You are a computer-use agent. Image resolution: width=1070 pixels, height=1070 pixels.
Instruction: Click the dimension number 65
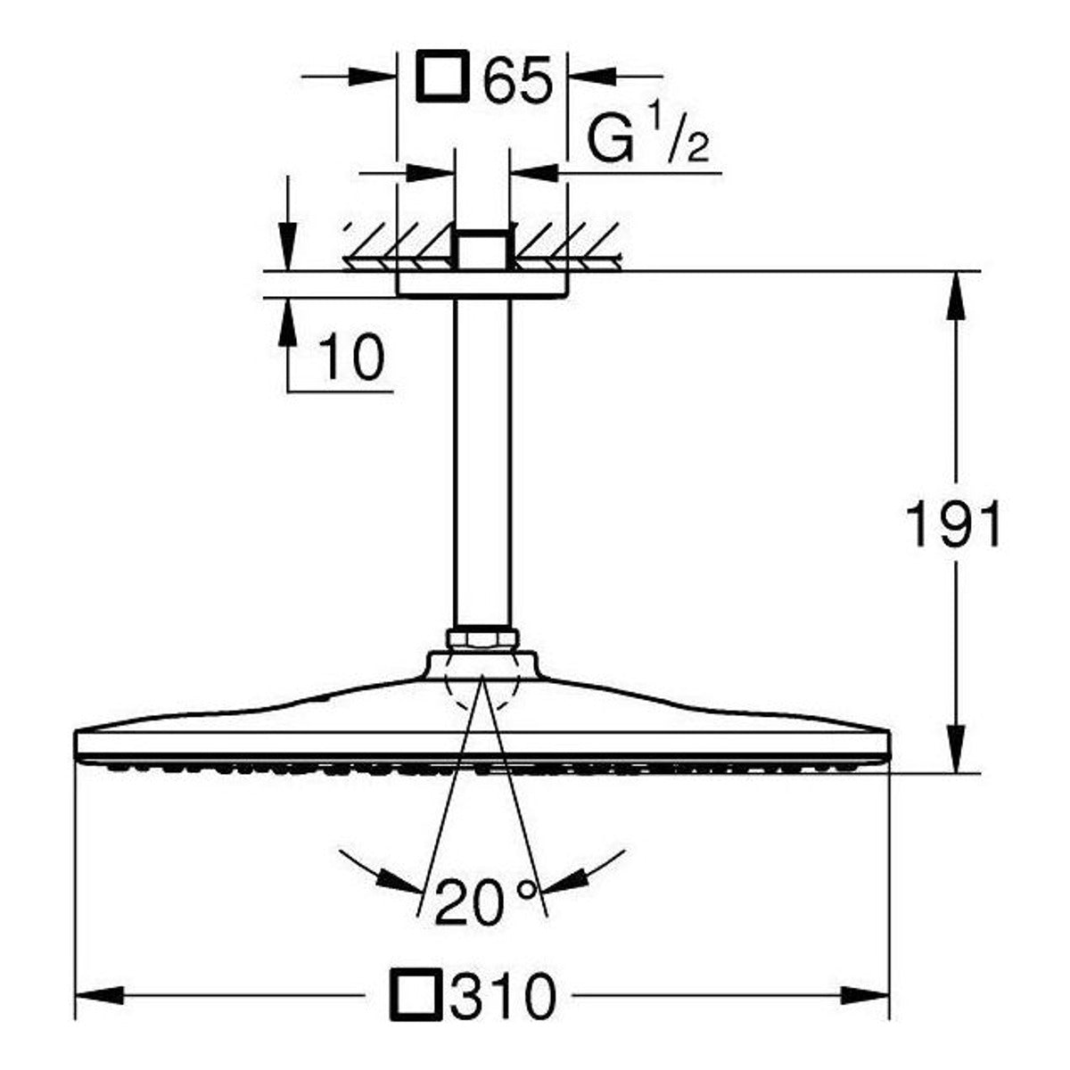coord(517,78)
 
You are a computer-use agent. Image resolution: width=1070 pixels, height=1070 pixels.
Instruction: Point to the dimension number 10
coord(352,357)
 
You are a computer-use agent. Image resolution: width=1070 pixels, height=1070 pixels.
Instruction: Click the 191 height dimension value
coord(953,523)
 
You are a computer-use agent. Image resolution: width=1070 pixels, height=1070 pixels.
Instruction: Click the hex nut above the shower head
coord(482,638)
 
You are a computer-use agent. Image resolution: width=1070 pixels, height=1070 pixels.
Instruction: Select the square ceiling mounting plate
coord(482,284)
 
